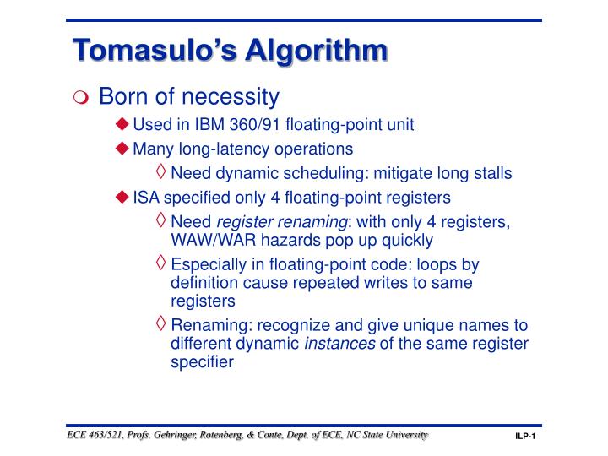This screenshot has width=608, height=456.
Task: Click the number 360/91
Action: (255, 125)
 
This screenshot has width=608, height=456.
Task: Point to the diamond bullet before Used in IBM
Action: (123, 125)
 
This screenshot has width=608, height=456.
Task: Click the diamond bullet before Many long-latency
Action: (123, 149)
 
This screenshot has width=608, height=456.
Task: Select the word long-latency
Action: (242, 149)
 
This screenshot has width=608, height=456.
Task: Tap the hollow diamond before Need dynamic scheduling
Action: (161, 172)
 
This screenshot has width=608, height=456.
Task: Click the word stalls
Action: (491, 173)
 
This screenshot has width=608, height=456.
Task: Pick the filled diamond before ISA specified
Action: (123, 197)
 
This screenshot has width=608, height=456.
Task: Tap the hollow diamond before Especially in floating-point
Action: (161, 263)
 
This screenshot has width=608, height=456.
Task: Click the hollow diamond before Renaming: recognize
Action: (161, 325)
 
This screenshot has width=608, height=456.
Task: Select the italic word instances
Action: (340, 344)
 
